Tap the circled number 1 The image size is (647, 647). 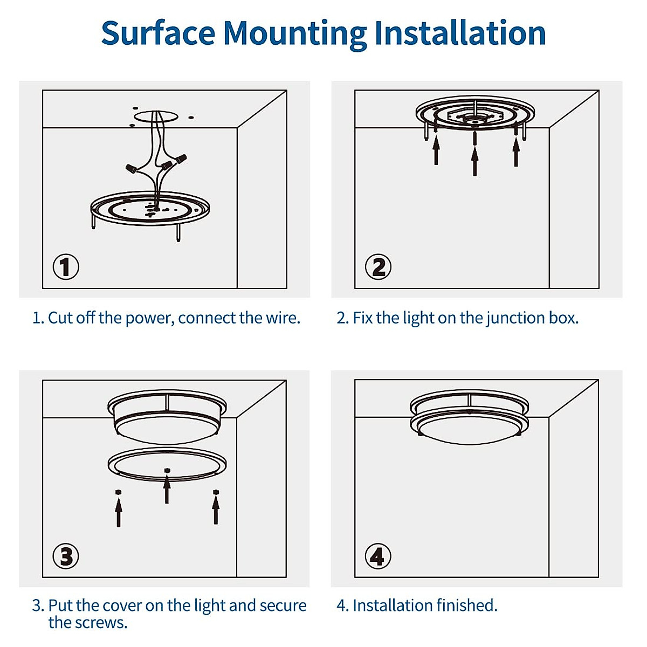point(66,267)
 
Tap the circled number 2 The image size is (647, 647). point(378,267)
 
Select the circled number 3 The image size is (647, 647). point(66,556)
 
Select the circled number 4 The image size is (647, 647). point(377,556)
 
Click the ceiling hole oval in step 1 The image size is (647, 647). point(156,116)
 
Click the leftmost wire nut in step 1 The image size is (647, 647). point(130,168)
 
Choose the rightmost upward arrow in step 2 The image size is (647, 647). point(516,152)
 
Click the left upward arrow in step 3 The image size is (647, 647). point(119,512)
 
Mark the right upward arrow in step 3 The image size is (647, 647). point(216,510)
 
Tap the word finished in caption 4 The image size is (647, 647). point(466,605)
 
